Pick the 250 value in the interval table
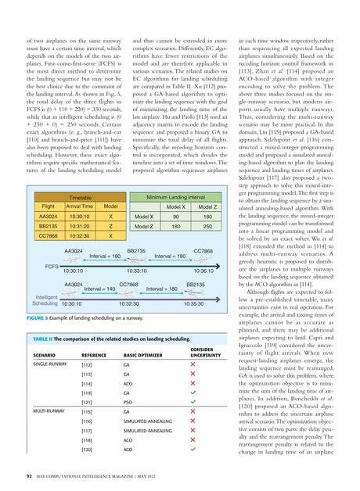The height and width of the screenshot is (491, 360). [x=209, y=203]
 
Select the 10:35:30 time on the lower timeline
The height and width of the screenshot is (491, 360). [x=200, y=281]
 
